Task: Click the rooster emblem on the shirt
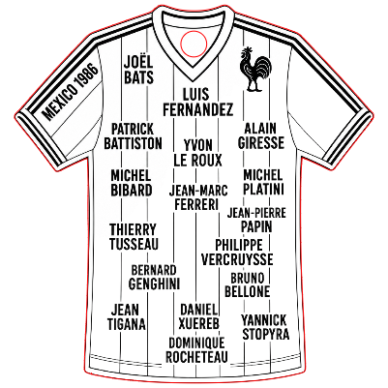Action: point(254,70)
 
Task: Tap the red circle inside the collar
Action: point(194,31)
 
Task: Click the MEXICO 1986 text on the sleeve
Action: point(70,92)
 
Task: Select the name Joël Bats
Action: point(138,69)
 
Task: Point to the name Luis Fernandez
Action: point(197,102)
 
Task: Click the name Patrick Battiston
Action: point(133,136)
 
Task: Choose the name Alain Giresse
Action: point(261,135)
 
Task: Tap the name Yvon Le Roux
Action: point(198,153)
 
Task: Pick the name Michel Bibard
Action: point(132,183)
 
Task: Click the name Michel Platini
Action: point(263,182)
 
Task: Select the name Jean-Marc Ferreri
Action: point(198,197)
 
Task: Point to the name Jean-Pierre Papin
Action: point(256,220)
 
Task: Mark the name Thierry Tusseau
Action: point(134,237)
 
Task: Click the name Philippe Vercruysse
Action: point(237,253)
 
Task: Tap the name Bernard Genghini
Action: point(154,277)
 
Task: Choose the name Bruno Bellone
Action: point(248,284)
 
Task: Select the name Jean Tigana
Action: point(126,317)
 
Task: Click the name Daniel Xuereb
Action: point(199,316)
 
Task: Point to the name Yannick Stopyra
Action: point(265,327)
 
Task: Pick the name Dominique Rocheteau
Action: point(196,350)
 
